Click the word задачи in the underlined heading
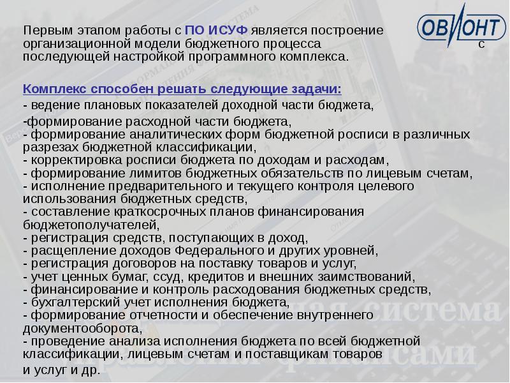pos(314,87)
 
